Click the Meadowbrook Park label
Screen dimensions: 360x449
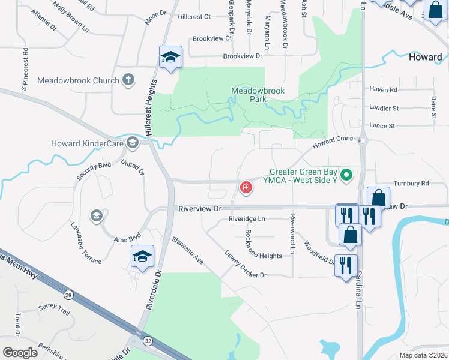[x=258, y=95]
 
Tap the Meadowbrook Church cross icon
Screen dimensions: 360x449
[x=128, y=80]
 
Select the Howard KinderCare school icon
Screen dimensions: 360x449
[x=133, y=143]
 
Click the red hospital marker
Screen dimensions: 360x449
[x=246, y=188]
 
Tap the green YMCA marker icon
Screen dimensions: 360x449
[x=346, y=176]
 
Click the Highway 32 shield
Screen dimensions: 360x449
[x=147, y=341]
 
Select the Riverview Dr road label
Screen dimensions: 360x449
[x=200, y=208]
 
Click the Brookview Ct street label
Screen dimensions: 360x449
[x=212, y=38]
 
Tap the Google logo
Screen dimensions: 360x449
[x=20, y=353]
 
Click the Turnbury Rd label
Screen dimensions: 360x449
[x=411, y=183]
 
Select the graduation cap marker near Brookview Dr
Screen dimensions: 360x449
[x=170, y=58]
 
